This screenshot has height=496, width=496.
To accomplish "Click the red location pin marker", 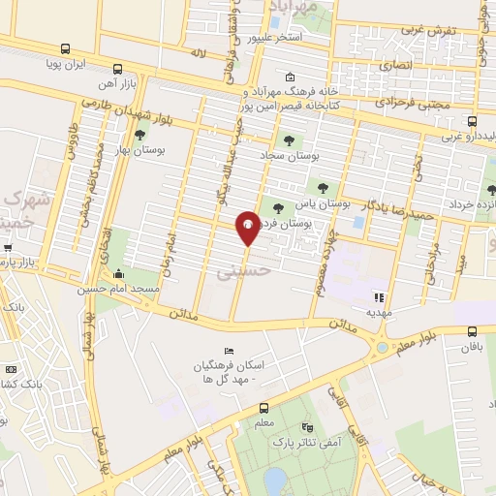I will click(248, 229).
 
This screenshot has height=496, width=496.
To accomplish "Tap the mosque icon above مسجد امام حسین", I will click(118, 272).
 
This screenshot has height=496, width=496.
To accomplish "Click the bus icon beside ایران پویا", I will click(64, 49).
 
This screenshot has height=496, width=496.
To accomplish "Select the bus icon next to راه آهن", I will click(117, 69).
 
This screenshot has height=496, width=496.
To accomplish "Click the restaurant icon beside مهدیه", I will click(380, 297).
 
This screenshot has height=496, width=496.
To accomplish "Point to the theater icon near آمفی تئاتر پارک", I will click(308, 427).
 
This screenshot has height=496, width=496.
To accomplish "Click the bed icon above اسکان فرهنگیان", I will click(229, 350).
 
